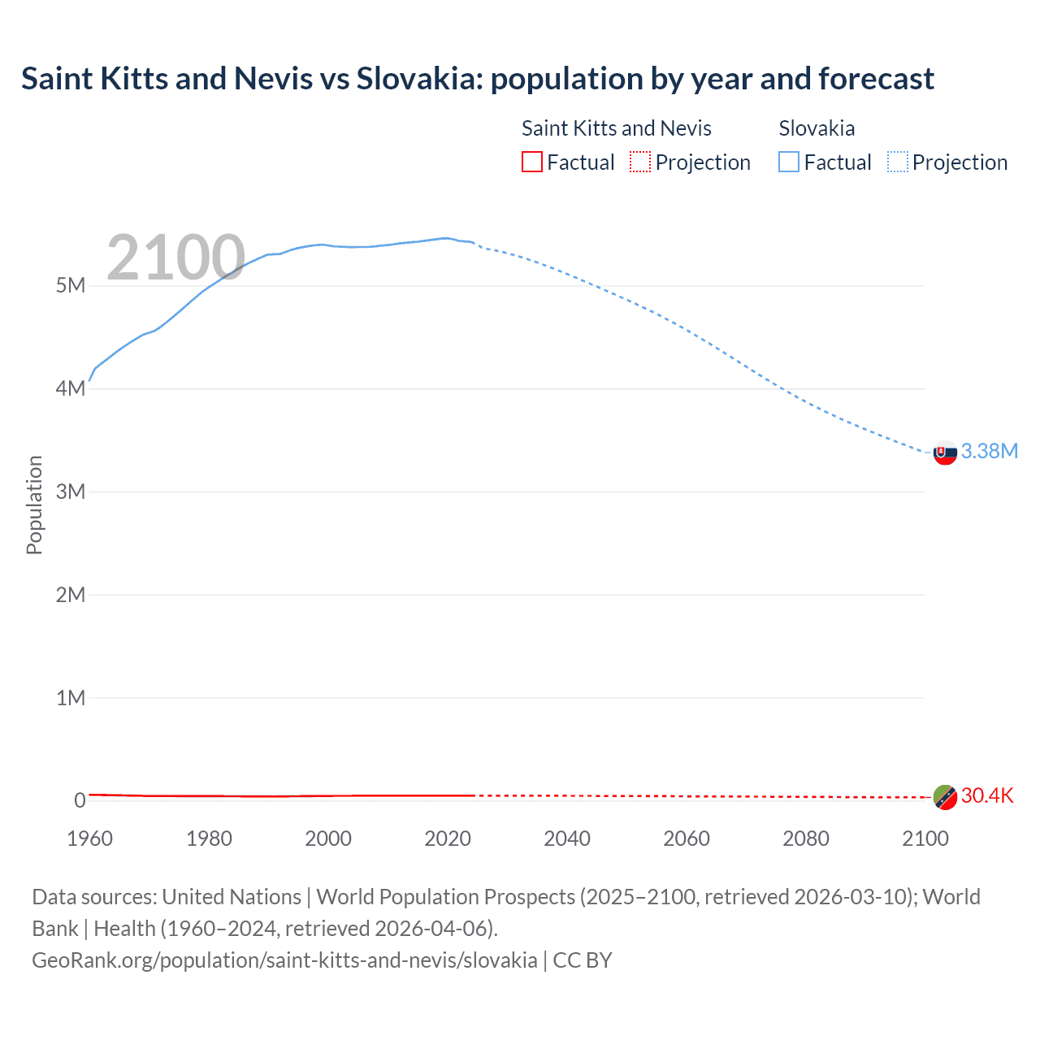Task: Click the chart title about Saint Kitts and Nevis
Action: pyautogui.click(x=477, y=79)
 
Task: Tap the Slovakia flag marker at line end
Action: pyautogui.click(x=945, y=453)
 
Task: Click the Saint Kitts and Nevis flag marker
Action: pyautogui.click(x=945, y=797)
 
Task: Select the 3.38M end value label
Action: pyautogui.click(x=989, y=451)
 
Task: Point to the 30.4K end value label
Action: pyautogui.click(x=987, y=795)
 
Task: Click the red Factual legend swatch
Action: pyautogui.click(x=532, y=162)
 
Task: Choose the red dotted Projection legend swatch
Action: pyautogui.click(x=640, y=162)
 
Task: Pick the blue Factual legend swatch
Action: pyautogui.click(x=789, y=162)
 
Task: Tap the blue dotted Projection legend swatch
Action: pyautogui.click(x=898, y=162)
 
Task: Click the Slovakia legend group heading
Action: pyautogui.click(x=817, y=128)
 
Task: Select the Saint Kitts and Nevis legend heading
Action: pyautogui.click(x=616, y=128)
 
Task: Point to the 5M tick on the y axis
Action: pyautogui.click(x=71, y=285)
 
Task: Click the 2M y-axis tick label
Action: pyautogui.click(x=71, y=595)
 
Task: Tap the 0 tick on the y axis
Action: pyautogui.click(x=80, y=800)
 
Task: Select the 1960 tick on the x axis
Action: pyautogui.click(x=89, y=838)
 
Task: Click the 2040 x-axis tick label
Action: pyautogui.click(x=567, y=838)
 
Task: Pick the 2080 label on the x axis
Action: pyautogui.click(x=806, y=838)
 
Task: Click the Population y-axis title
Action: pyautogui.click(x=34, y=505)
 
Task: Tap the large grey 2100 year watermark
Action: pyautogui.click(x=175, y=258)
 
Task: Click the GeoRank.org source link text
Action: pyautogui.click(x=284, y=960)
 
